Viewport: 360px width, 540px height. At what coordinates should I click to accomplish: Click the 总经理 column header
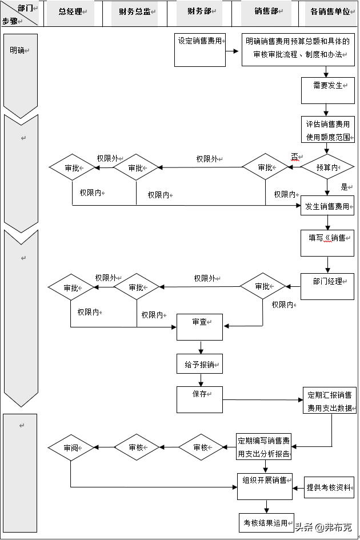coord(70,11)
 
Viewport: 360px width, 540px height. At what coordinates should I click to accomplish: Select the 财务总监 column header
coord(134,11)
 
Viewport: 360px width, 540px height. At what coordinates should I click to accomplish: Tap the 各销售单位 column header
coord(330,11)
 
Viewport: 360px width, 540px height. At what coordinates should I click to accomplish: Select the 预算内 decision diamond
coord(327,167)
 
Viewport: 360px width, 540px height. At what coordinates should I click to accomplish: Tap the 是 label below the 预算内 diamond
coord(344,187)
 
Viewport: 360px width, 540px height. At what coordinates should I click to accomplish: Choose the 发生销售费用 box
coord(327,206)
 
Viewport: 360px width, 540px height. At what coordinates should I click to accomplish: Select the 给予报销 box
coord(199,364)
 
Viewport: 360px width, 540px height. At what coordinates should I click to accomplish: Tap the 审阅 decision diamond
coord(71,447)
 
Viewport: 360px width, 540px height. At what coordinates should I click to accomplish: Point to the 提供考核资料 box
coord(329,487)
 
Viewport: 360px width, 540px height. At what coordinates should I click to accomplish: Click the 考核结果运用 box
coord(266,522)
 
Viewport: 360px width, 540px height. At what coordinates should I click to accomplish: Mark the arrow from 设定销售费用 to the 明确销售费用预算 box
coord(233,50)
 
